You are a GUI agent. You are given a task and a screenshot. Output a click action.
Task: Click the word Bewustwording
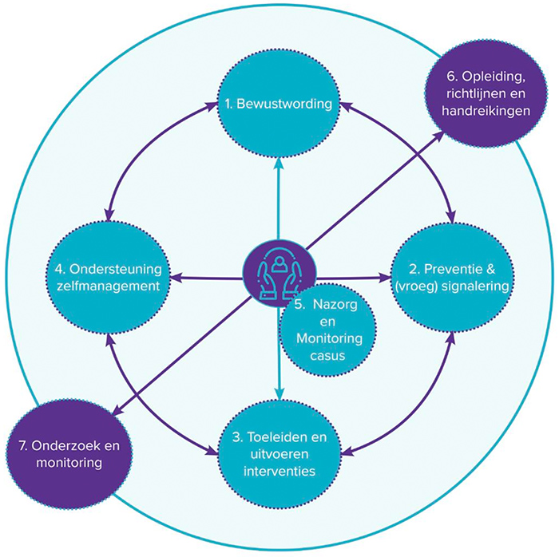[x=288, y=104]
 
